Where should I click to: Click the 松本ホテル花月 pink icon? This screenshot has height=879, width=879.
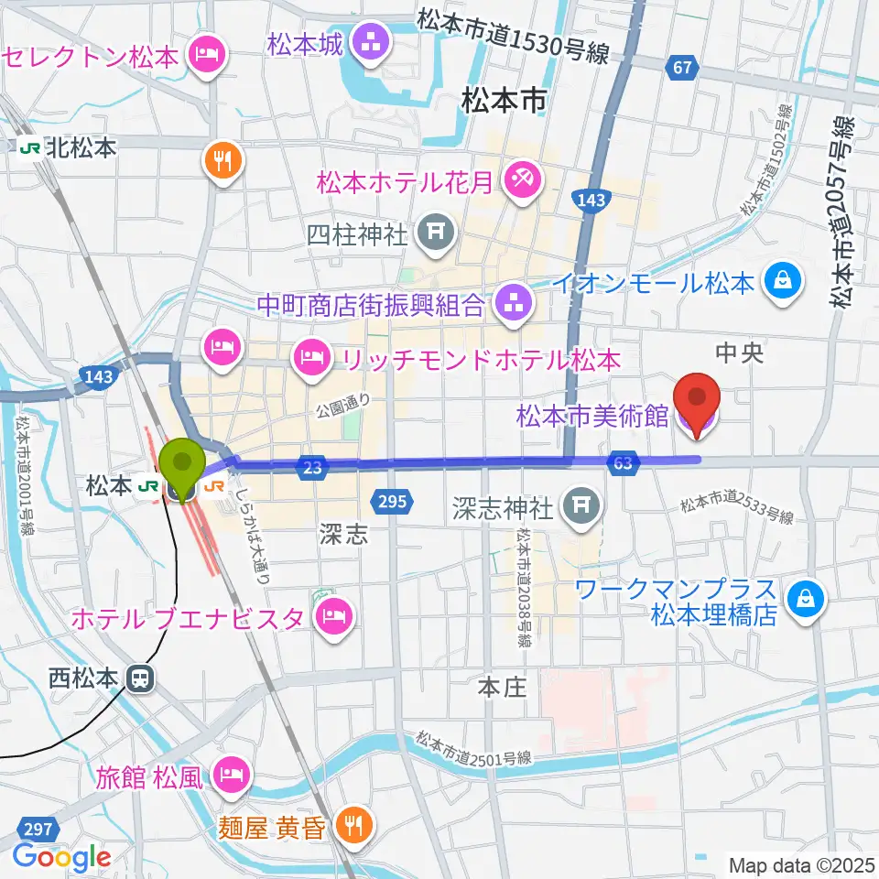tap(524, 179)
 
